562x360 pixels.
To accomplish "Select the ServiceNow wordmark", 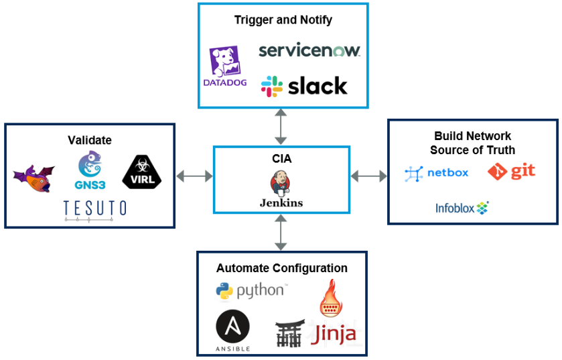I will point(309,50).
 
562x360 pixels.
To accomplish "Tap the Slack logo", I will point(304,86).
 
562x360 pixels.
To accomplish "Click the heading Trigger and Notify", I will point(283,19).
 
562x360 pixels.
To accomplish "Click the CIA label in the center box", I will point(281,160).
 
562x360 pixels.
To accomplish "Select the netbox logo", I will point(437,173).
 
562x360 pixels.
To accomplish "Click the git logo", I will point(511,172).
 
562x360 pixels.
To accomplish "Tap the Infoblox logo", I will point(462,208).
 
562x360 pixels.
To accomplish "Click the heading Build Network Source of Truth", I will point(472,143).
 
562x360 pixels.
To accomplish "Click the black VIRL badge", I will point(142,172).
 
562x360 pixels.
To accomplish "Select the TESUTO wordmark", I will point(94,208).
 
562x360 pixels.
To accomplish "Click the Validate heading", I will point(89,140).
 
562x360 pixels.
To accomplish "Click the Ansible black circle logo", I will point(233,330).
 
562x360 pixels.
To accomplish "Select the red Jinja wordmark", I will point(334,333).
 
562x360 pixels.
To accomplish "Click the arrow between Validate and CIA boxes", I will point(194,176).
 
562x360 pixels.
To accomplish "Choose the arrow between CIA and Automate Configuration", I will point(281,233).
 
